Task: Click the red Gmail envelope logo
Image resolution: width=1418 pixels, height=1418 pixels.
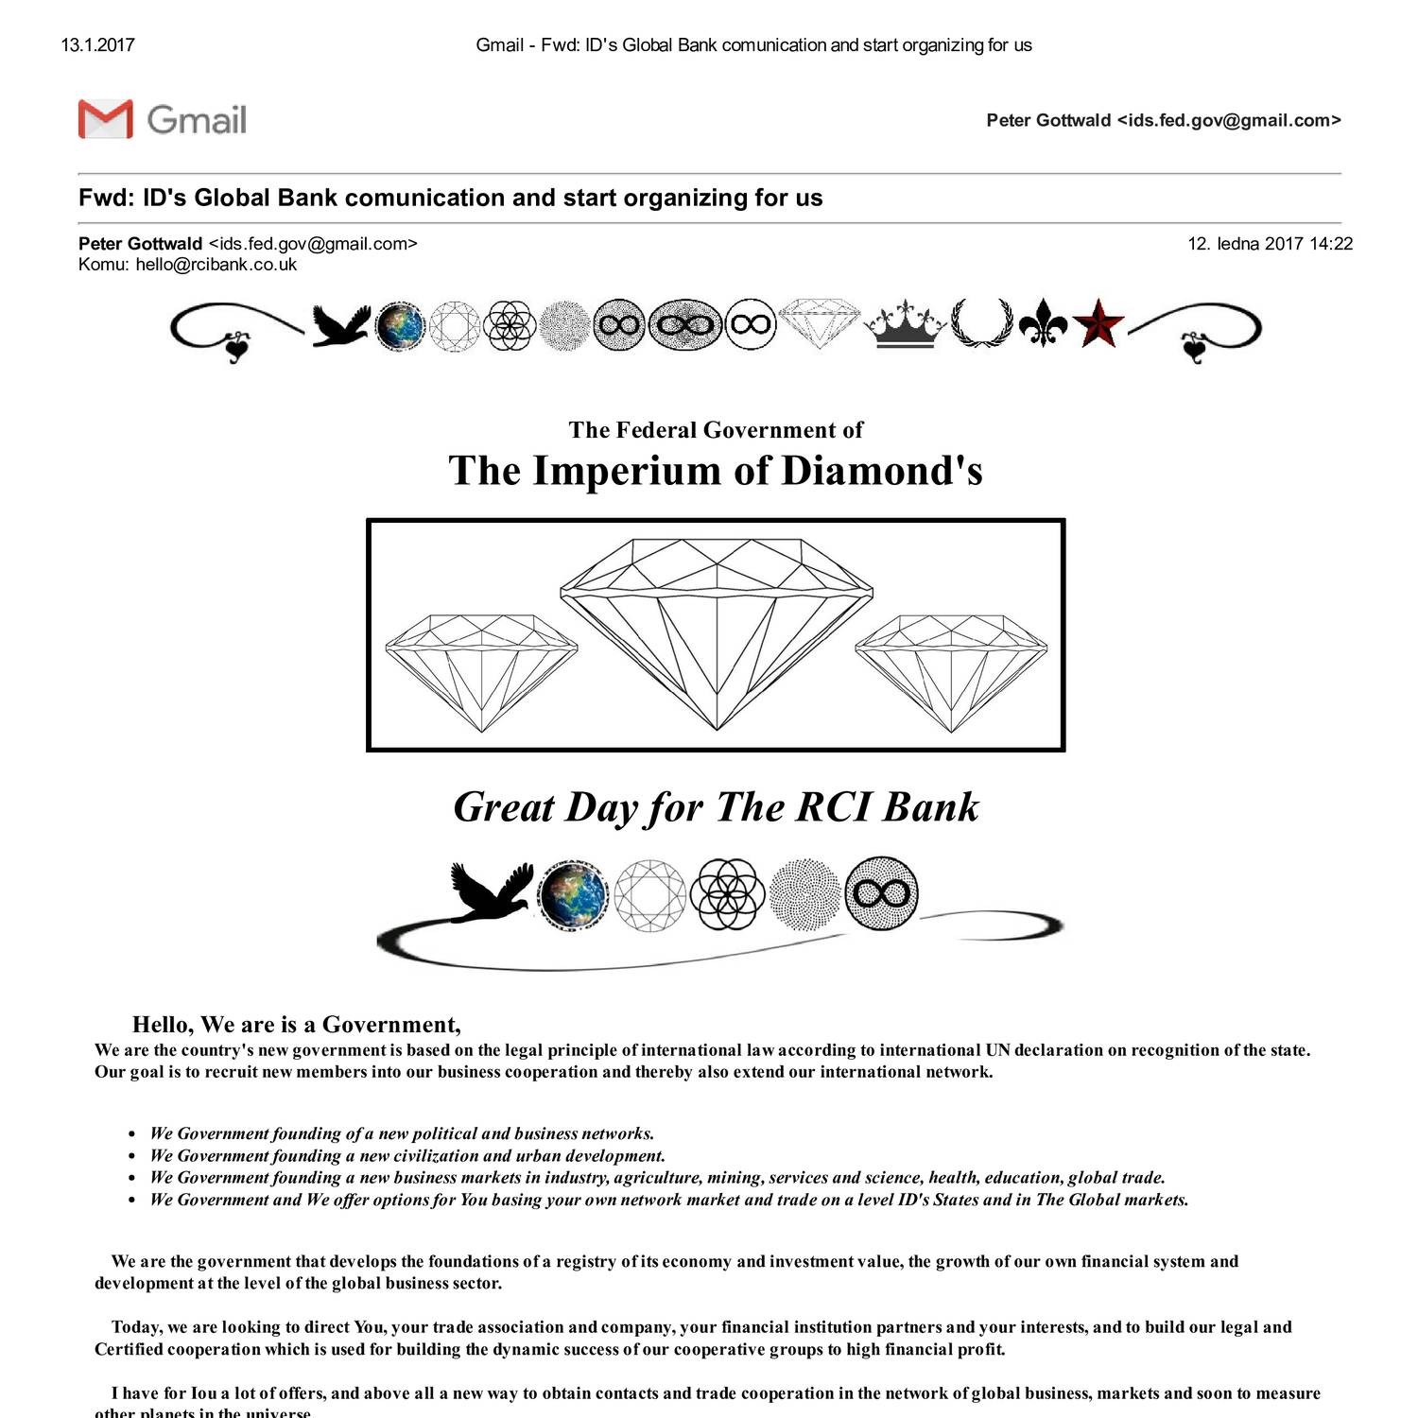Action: coord(105,119)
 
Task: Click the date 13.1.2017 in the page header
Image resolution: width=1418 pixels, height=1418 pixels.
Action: coord(97,44)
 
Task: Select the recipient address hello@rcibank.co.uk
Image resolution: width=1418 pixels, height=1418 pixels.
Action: coord(216,265)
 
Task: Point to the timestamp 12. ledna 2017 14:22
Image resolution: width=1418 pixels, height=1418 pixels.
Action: coord(1270,244)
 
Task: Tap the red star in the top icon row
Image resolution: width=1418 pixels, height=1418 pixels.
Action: coord(1098,324)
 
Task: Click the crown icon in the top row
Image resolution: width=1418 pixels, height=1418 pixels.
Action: coord(906,324)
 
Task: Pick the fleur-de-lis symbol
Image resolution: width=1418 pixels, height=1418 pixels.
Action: coord(1044,324)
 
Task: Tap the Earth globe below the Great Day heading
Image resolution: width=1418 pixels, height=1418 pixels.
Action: coord(573,893)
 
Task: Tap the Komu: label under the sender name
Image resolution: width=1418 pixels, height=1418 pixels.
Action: coord(103,265)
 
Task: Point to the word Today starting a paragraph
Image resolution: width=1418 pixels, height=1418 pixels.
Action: coord(136,1327)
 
